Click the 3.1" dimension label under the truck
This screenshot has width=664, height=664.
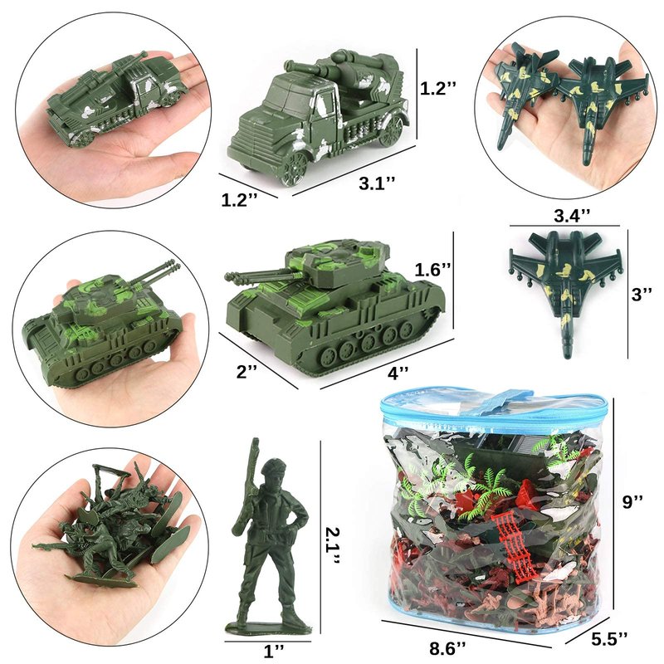point(377,183)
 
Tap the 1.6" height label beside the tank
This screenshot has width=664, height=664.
point(432,270)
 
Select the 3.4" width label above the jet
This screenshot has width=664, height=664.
point(572,216)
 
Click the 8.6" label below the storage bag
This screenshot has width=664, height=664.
point(447,648)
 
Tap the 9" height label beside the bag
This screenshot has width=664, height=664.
point(632,502)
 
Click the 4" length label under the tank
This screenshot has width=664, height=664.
point(398,373)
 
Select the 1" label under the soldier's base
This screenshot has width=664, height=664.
point(273,651)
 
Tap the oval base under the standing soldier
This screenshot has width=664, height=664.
point(269,627)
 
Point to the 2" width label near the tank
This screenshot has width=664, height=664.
point(247,371)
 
